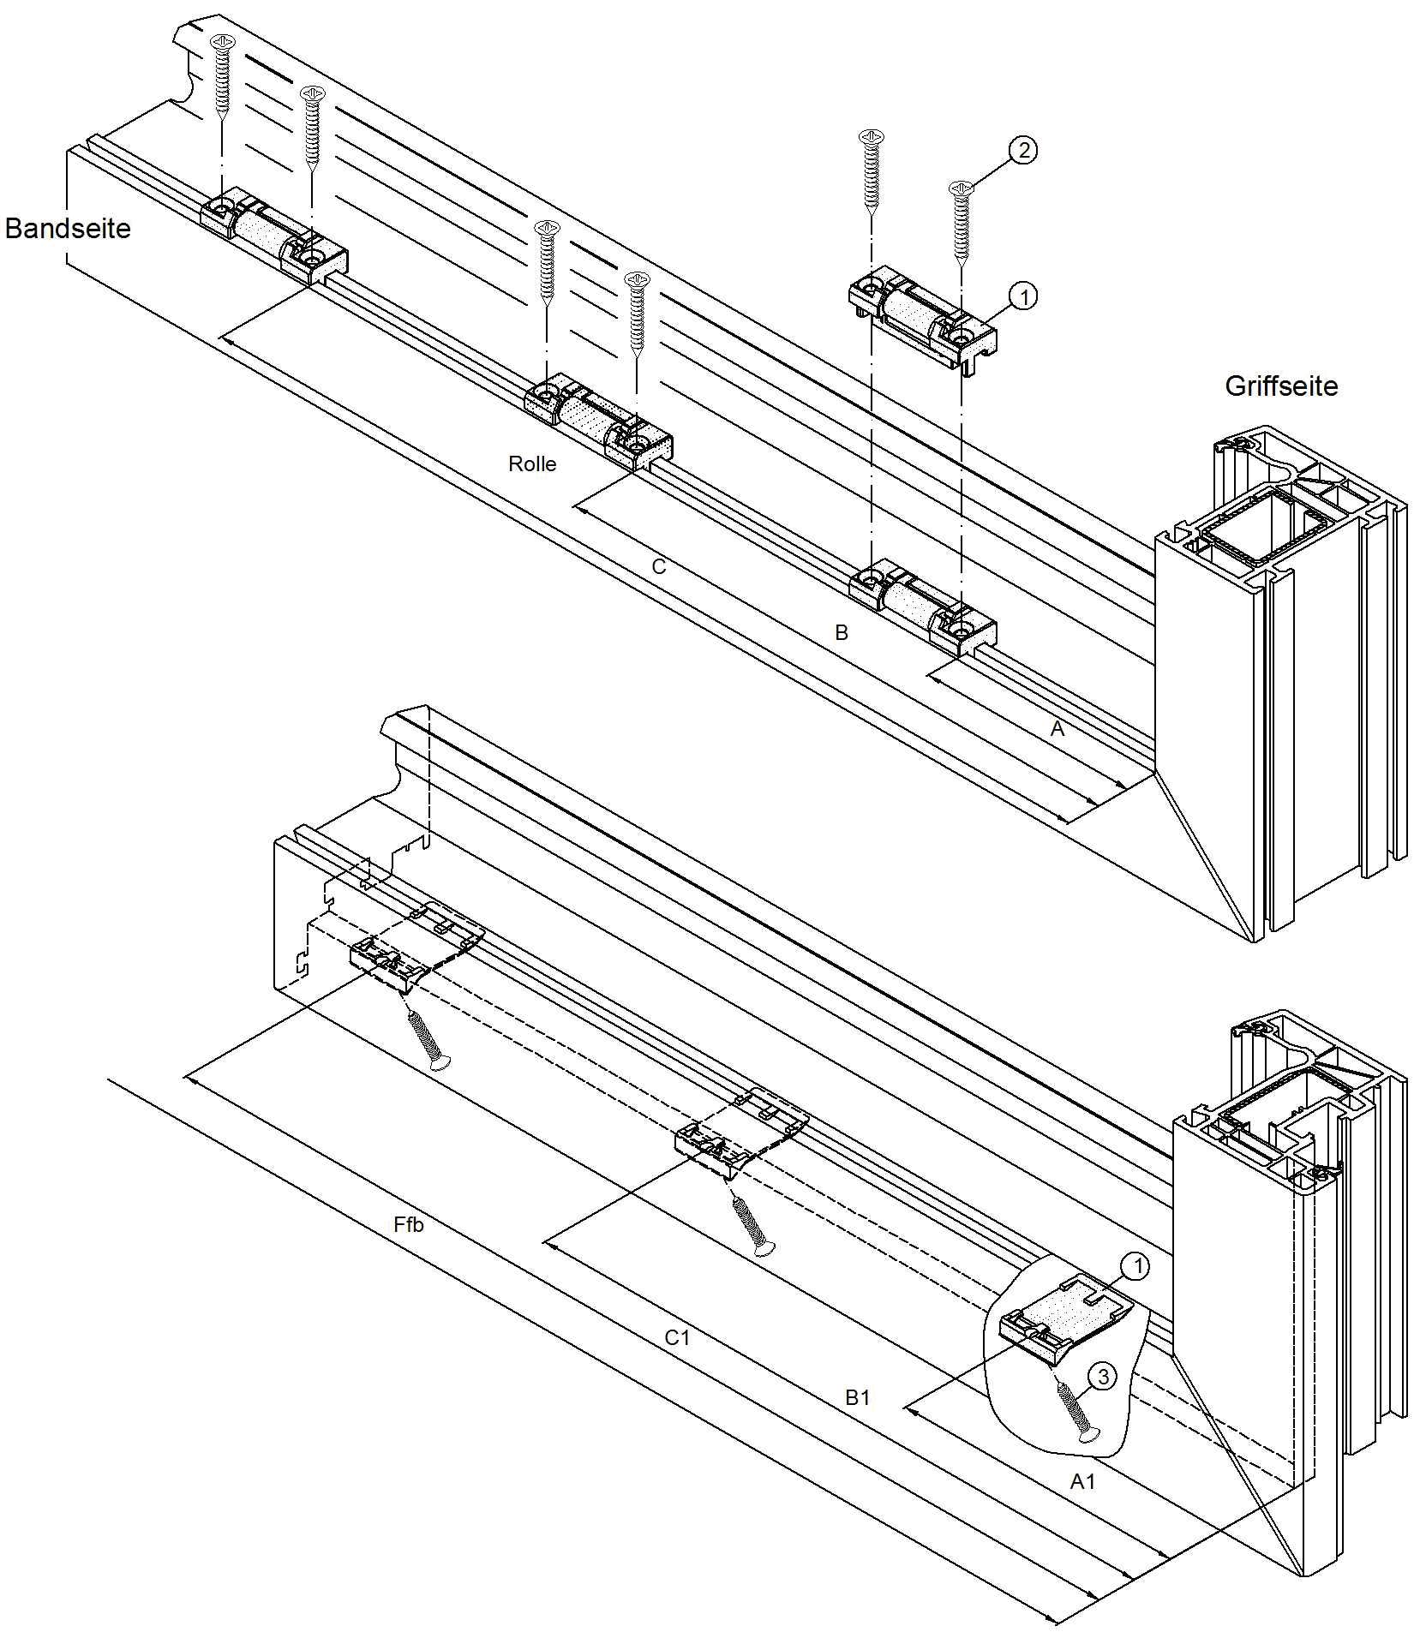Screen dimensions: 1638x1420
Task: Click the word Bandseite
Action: click(68, 229)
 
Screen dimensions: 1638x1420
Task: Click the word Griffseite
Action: click(1280, 386)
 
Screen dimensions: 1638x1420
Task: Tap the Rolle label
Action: click(532, 464)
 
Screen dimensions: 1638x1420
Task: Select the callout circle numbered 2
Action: click(1022, 151)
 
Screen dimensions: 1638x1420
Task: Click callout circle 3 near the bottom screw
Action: click(1102, 1377)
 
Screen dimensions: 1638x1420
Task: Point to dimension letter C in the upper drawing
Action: click(658, 567)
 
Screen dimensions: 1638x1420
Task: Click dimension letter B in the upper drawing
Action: click(842, 633)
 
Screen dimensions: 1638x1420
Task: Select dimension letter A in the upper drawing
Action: click(1058, 729)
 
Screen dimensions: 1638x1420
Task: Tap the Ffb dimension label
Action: click(409, 1225)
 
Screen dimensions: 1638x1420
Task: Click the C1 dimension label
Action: click(677, 1337)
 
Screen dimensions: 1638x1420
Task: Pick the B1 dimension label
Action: click(858, 1397)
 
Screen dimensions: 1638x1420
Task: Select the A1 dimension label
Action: click(1082, 1481)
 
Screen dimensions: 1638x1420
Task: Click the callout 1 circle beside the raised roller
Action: click(1022, 296)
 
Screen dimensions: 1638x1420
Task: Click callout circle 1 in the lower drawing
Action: click(1135, 1266)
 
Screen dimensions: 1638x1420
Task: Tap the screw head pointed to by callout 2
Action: click(962, 187)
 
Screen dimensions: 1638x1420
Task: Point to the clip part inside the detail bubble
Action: click(1065, 1322)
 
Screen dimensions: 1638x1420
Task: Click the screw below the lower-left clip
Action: click(428, 1041)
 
